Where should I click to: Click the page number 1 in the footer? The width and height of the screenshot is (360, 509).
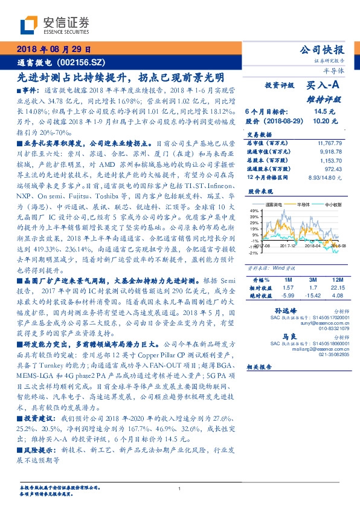click(179, 489)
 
